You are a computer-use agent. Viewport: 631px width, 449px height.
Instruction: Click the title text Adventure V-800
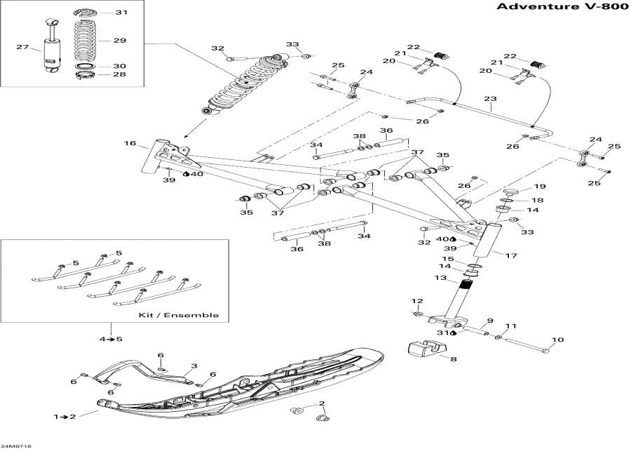557,8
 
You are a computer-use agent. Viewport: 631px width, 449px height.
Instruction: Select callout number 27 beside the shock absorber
23,48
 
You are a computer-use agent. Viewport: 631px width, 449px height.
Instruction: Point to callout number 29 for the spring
120,41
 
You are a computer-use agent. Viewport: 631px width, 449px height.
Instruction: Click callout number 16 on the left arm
130,143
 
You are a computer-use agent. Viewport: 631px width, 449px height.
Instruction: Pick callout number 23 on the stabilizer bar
490,99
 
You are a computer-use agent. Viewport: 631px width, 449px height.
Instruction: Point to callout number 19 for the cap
539,187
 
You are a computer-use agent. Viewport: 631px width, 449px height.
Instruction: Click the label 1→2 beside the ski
65,417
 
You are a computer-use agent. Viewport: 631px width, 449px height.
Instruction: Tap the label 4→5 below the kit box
110,340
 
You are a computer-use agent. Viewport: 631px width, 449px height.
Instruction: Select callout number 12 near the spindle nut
417,302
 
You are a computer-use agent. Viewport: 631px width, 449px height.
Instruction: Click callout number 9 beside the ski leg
490,321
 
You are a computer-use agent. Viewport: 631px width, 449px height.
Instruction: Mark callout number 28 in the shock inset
120,74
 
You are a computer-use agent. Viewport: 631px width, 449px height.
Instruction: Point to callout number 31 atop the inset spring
121,13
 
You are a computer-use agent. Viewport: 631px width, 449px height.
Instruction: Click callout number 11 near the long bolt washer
511,326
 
